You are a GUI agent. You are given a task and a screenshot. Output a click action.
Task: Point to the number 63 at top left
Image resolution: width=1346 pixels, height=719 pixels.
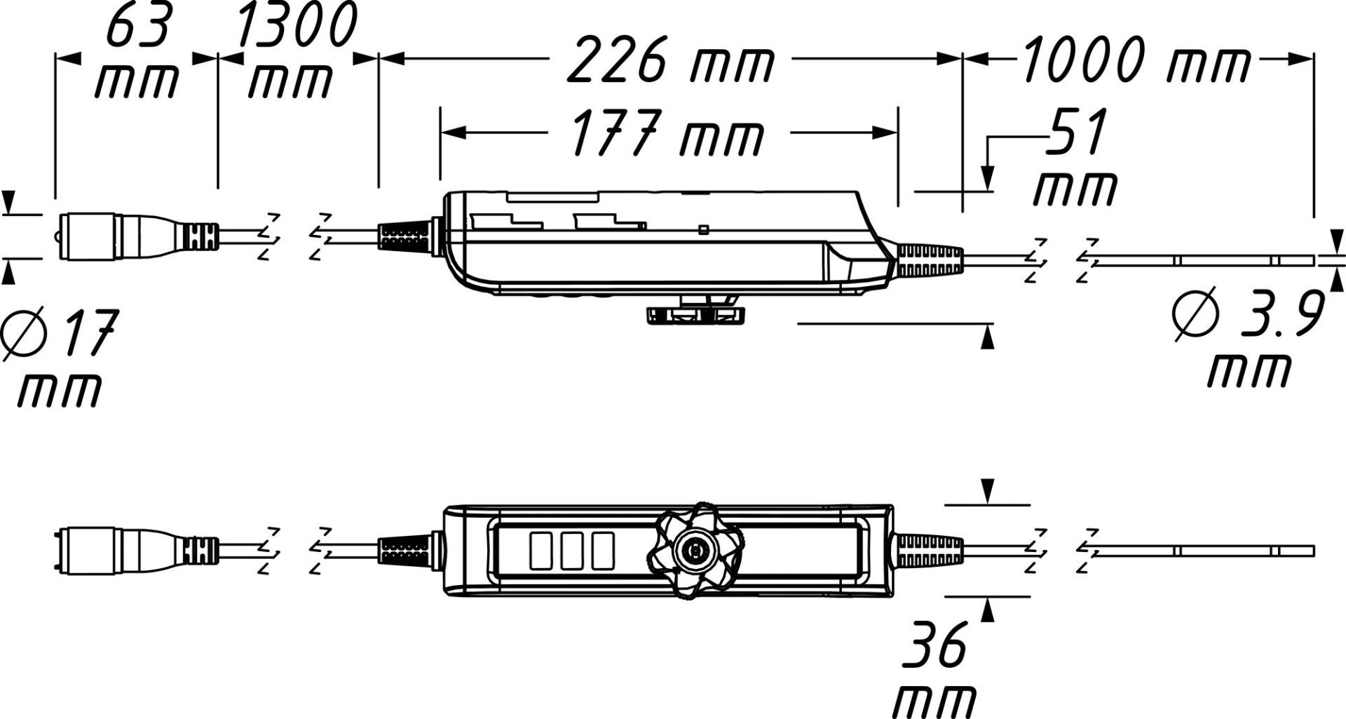(138, 27)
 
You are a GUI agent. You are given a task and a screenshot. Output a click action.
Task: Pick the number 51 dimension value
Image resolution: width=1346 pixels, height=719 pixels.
(1077, 132)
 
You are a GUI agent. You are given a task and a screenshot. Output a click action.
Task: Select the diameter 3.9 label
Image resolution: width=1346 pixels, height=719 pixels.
(1248, 316)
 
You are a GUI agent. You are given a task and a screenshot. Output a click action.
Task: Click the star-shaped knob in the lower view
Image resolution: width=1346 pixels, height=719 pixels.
(695, 551)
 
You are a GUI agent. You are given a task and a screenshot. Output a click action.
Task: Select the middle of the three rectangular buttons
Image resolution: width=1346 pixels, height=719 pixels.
(572, 551)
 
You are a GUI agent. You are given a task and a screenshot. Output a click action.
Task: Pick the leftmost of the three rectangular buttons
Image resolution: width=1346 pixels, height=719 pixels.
(541, 551)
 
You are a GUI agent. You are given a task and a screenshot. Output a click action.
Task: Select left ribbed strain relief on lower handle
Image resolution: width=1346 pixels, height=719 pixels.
(403, 549)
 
